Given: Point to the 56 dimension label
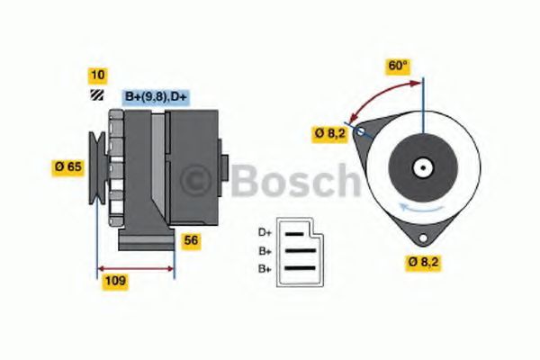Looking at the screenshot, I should click(x=191, y=240).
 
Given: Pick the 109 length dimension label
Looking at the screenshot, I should click(x=115, y=281).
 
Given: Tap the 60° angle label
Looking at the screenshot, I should click(x=398, y=66).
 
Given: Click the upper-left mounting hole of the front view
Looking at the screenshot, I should click(x=363, y=131).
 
